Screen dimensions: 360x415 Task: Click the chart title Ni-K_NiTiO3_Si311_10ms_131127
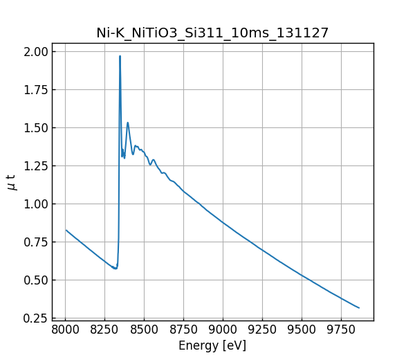click(212, 33)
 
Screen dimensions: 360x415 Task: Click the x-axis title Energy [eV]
click(212, 345)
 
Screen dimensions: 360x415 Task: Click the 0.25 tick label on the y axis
click(35, 318)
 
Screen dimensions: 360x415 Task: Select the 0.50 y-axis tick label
click(35, 280)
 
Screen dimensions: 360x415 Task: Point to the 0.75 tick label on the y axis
click(35, 242)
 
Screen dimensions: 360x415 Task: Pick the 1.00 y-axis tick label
click(35, 204)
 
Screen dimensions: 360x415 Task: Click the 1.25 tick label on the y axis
click(35, 165)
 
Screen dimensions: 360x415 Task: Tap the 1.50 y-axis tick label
click(35, 127)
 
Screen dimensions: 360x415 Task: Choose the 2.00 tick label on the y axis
click(35, 51)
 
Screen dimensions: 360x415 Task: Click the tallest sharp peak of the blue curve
click(120, 56)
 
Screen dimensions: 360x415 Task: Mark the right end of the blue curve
click(359, 307)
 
